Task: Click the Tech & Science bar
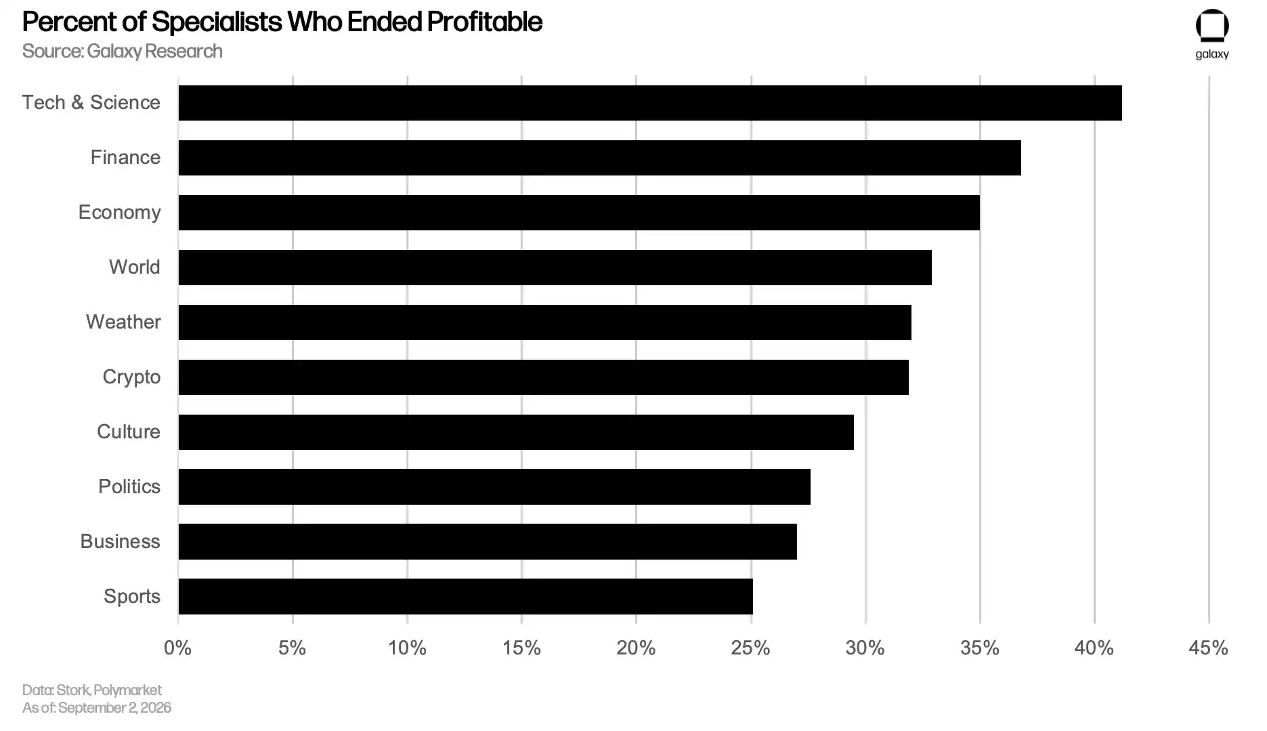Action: point(650,103)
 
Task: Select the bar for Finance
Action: point(600,158)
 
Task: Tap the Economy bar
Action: point(579,213)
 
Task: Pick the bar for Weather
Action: point(545,322)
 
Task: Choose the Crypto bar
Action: point(544,377)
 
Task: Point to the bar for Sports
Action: point(466,596)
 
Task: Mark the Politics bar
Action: point(494,486)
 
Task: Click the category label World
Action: point(135,267)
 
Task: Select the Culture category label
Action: point(129,432)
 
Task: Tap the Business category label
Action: point(121,541)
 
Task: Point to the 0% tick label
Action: point(177,648)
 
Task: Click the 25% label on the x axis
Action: point(750,648)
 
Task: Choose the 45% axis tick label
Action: point(1209,648)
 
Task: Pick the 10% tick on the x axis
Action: point(407,648)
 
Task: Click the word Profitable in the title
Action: point(485,22)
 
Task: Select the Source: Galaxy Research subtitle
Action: point(123,51)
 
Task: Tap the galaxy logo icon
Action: point(1212,26)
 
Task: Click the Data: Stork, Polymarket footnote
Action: point(92,690)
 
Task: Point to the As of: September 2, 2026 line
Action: point(97,708)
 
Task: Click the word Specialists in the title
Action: point(217,22)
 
